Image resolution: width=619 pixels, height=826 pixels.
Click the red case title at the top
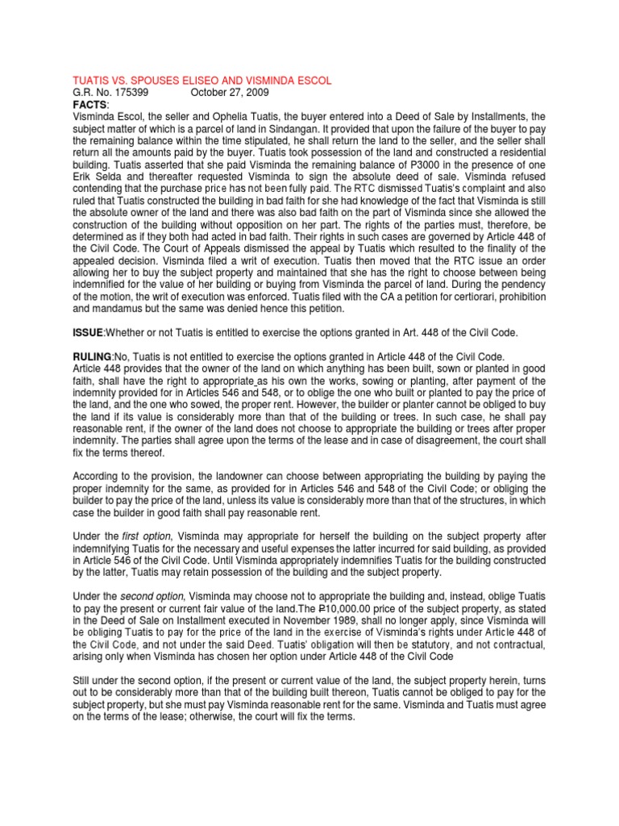point(201,81)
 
